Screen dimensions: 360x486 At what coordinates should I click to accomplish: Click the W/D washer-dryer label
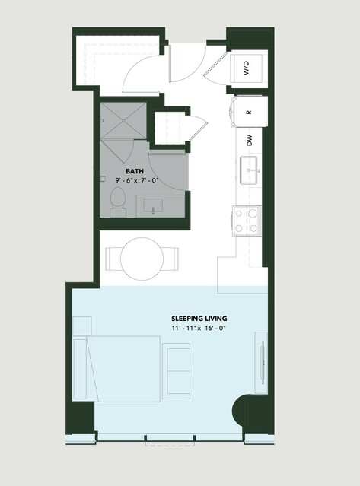(246, 68)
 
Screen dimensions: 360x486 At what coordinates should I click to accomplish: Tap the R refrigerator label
(249, 112)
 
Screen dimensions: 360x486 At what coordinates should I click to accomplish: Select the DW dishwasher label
(250, 141)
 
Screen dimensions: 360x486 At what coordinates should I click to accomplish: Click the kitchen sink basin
(249, 170)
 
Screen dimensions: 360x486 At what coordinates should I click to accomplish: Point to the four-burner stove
(247, 221)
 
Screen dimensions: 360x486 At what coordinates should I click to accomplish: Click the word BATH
(135, 171)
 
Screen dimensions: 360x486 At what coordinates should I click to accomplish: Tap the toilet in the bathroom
(118, 202)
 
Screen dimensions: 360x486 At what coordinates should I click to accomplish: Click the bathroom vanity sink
(153, 206)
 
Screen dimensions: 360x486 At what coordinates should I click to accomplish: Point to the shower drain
(123, 120)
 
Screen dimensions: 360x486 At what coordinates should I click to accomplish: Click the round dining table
(142, 259)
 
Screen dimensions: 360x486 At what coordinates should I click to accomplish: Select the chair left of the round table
(113, 259)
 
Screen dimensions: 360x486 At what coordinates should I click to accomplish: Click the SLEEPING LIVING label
(199, 319)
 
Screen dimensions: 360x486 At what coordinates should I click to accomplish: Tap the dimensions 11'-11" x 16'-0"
(198, 328)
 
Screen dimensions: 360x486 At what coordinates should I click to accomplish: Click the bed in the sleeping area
(116, 369)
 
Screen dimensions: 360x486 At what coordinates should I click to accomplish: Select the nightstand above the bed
(82, 326)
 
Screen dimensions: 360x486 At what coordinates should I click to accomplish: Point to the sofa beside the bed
(176, 371)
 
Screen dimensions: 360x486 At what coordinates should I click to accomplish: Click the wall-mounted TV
(263, 363)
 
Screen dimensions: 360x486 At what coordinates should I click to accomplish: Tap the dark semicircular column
(239, 411)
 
